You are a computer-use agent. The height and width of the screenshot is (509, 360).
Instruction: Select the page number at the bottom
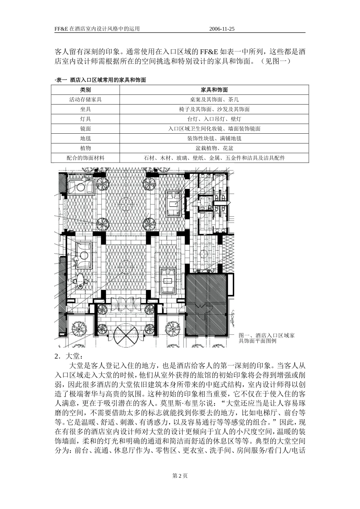pos(180,476)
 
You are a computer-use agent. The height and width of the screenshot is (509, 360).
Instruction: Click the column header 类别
pos(85,90)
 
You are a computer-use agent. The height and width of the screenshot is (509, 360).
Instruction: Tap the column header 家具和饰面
pos(214,90)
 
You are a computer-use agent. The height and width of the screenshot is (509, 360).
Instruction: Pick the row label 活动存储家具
pos(85,100)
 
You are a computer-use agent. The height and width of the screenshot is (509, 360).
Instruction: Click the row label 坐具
pos(85,109)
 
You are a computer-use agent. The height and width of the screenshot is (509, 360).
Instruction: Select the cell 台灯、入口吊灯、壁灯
pos(214,119)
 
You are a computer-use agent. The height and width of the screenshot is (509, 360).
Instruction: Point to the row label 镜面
pos(85,129)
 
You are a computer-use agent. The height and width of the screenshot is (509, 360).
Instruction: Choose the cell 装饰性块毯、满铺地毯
pos(214,139)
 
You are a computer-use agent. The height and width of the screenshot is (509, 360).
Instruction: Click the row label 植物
pos(85,148)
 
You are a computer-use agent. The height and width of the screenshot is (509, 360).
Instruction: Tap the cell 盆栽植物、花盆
pos(214,148)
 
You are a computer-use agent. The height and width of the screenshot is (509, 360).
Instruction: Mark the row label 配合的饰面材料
pos(85,158)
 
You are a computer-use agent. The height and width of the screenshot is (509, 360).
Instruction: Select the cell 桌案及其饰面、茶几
pos(214,100)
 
